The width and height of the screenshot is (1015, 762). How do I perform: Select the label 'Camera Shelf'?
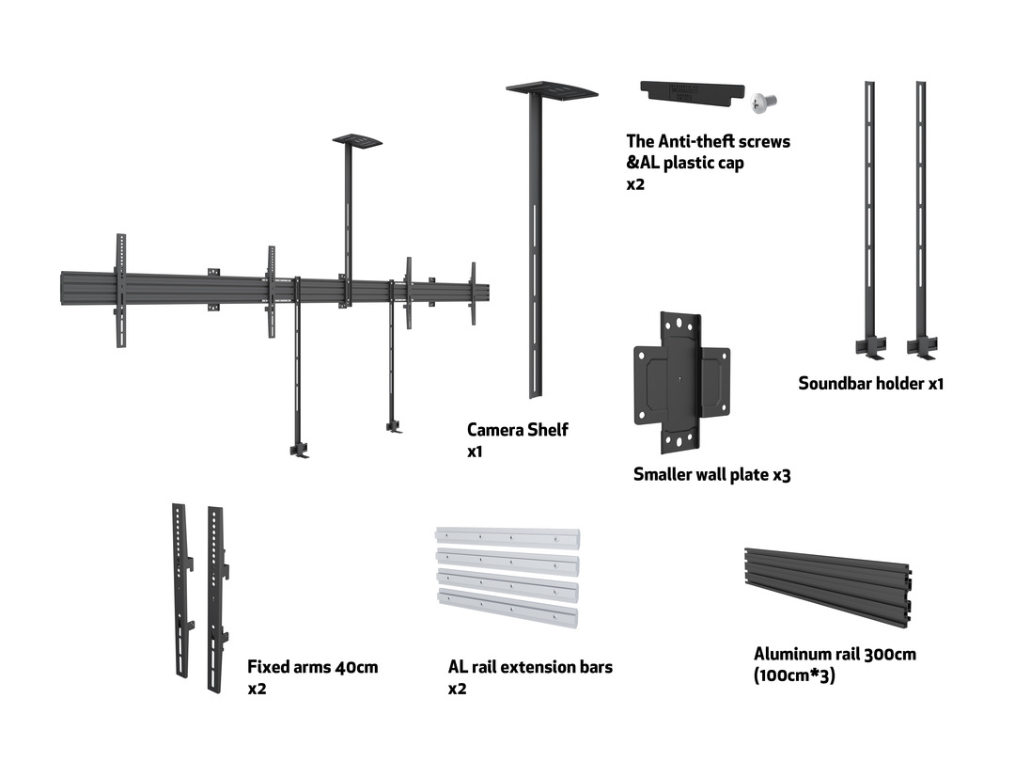(517, 430)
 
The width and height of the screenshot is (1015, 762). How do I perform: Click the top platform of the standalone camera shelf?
(552, 89)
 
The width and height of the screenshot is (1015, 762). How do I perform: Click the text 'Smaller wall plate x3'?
(711, 475)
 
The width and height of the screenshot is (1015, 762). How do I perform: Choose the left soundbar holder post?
(869, 216)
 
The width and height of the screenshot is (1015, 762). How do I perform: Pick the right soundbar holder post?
(921, 216)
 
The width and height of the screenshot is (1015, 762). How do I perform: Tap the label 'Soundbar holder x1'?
(870, 383)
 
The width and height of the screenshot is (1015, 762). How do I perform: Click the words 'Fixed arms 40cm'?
(312, 667)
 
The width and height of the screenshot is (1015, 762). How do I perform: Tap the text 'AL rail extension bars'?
(530, 667)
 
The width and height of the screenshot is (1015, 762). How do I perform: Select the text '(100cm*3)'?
(794, 675)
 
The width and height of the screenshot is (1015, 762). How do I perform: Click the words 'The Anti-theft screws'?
(708, 141)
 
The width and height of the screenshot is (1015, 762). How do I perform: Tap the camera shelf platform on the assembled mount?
(357, 141)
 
